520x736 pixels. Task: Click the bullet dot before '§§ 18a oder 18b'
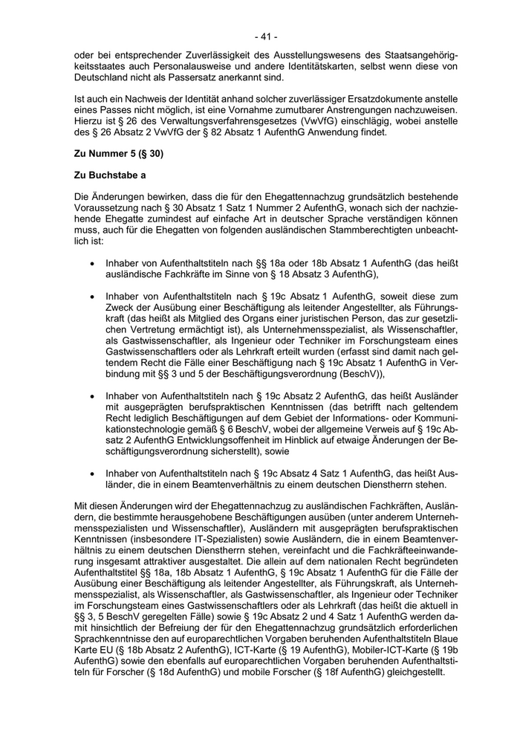[x=91, y=263]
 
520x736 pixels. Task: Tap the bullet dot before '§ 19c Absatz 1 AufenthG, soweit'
[x=91, y=297]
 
